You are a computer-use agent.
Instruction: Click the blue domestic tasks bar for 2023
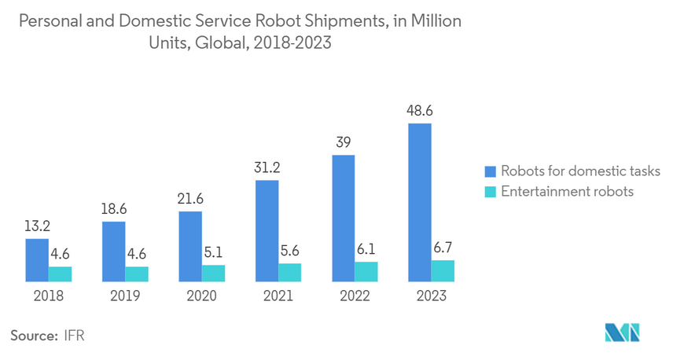coord(420,202)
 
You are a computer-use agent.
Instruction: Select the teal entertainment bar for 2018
coord(60,274)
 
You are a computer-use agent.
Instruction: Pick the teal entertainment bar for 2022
coord(366,271)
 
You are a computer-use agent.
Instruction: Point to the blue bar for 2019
coord(113,252)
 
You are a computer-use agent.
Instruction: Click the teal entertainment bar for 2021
coord(290,272)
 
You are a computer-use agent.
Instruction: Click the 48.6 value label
coord(420,112)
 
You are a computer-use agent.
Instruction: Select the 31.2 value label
coord(267,168)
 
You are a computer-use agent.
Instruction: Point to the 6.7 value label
coord(443,248)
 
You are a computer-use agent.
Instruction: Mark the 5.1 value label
coord(213,253)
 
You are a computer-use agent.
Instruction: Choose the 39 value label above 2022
coord(343,143)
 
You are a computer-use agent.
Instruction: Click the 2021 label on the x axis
coord(278,296)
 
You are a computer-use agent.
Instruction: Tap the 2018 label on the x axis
coord(49,296)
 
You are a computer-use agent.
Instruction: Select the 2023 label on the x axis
coord(432,296)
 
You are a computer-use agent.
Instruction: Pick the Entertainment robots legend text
coord(567,192)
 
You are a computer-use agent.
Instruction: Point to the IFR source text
coord(75,336)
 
